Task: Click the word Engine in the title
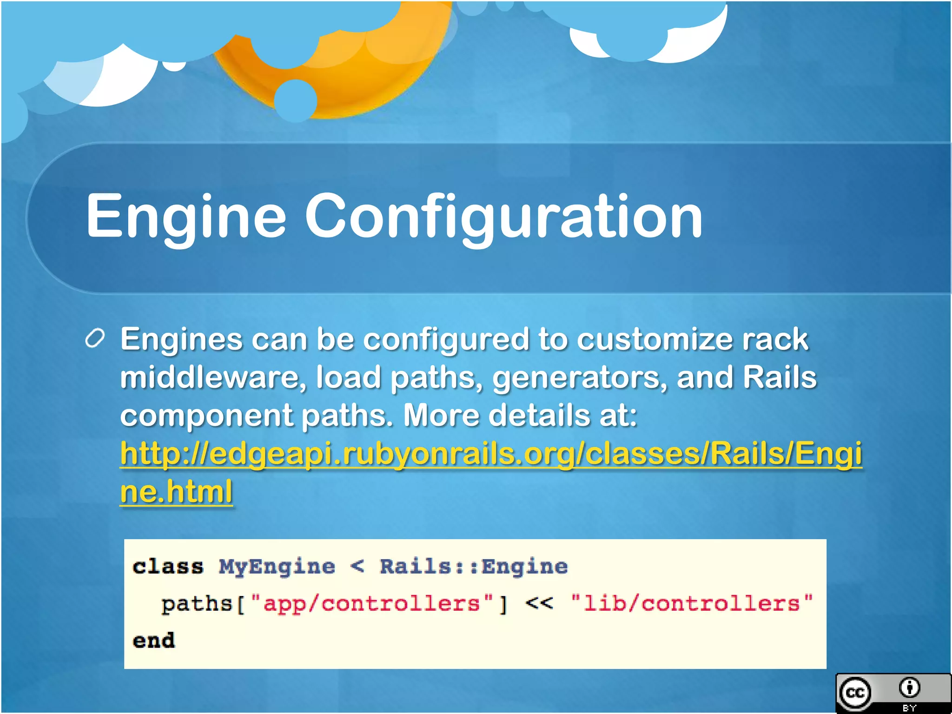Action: click(x=186, y=217)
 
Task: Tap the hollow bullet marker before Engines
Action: click(x=95, y=339)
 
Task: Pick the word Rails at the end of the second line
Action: click(x=779, y=377)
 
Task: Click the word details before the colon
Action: click(x=539, y=415)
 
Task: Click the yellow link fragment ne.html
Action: click(x=176, y=492)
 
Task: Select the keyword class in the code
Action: click(x=168, y=567)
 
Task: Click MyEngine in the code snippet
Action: click(x=277, y=567)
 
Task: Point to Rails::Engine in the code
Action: click(x=473, y=567)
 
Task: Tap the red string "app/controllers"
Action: click(x=372, y=604)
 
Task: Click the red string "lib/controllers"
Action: click(x=692, y=604)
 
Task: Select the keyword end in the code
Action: click(x=154, y=641)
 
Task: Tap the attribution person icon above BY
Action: click(x=909, y=688)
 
